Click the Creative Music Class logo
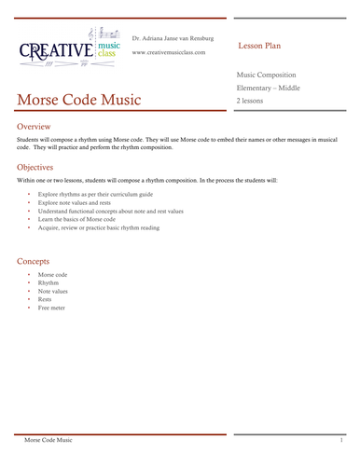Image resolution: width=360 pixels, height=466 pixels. click(x=68, y=48)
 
